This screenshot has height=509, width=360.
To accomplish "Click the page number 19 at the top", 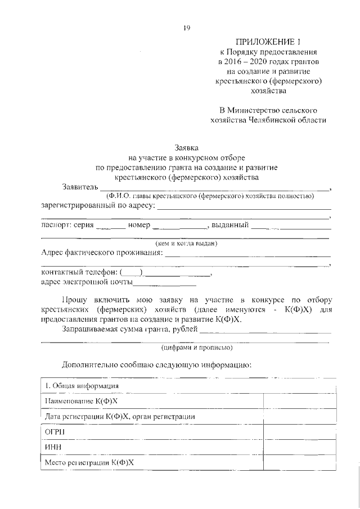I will pyautogui.click(x=185, y=29).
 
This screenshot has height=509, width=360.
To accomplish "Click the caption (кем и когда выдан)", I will pyautogui.click(x=186, y=244).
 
